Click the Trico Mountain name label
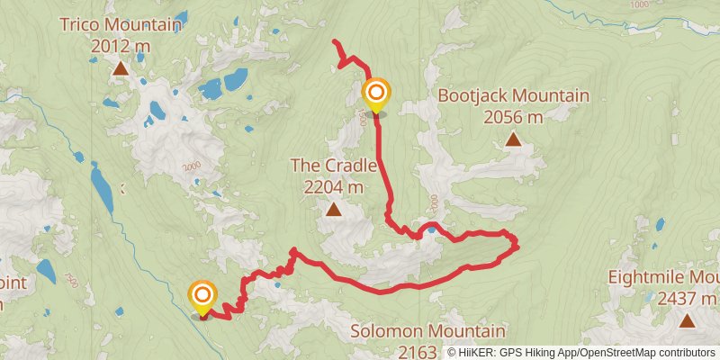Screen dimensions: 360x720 121,25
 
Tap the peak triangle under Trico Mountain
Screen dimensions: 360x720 121,67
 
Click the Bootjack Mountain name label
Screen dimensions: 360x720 513,96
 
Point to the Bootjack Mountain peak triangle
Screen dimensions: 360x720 513,139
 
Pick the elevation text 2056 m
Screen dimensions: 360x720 513,117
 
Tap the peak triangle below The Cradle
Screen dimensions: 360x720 333,211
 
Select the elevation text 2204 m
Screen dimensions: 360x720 333,187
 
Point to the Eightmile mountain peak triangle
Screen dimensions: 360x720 687,320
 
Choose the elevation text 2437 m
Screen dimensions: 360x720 687,299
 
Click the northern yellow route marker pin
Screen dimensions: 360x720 376,93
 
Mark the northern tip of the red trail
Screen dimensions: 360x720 335,42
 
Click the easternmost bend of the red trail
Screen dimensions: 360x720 518,245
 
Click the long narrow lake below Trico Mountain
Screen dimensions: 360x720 101,184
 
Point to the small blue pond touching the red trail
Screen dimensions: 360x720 433,229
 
